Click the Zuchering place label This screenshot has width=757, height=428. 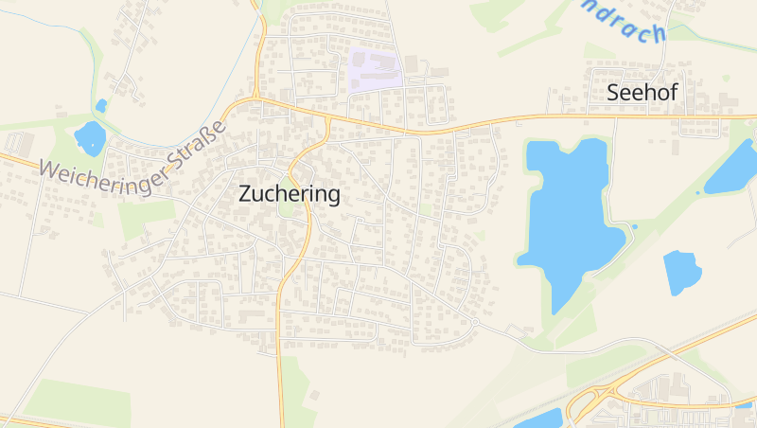290,195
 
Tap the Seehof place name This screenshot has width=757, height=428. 643,93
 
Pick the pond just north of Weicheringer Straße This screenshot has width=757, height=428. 91,139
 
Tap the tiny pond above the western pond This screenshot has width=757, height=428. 101,105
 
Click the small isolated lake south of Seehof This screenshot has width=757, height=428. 681,272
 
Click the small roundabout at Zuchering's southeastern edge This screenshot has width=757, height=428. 474,323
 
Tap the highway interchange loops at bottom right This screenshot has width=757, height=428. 596,398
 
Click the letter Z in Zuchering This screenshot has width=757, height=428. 246,195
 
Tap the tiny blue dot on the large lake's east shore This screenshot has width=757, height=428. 634,226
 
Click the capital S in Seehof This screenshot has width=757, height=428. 613,93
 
